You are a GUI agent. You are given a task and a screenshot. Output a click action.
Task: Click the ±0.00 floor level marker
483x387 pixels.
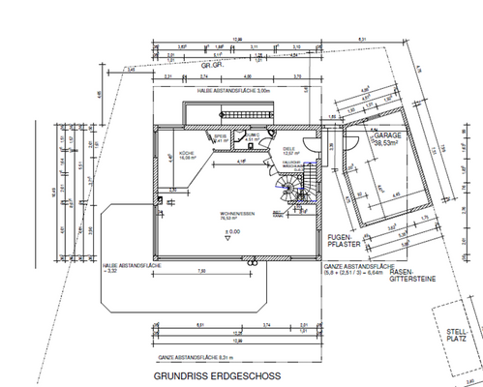[x=232, y=232]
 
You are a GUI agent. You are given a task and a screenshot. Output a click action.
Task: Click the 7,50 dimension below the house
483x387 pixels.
[x=200, y=272]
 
